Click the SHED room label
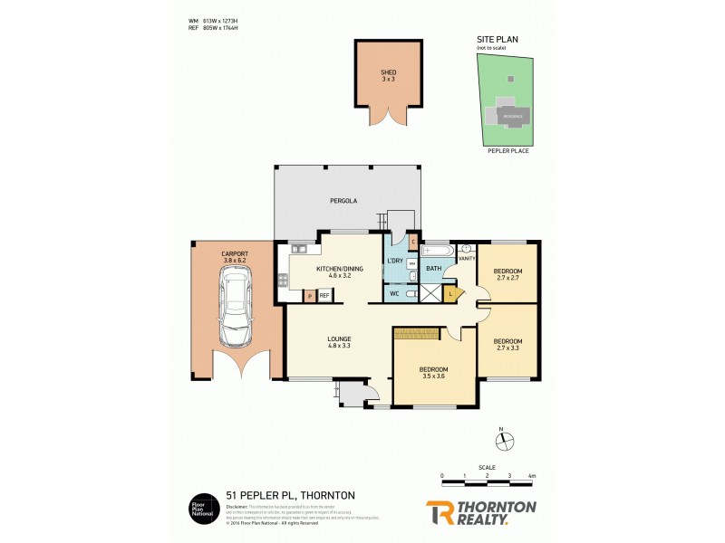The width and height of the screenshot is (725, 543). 388,75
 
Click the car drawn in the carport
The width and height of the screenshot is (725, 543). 235,312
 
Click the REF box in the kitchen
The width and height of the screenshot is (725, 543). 324,295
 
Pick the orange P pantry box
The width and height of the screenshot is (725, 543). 309,295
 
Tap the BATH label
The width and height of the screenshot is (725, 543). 433,268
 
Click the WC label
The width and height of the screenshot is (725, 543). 394,294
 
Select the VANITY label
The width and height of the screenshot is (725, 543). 467,259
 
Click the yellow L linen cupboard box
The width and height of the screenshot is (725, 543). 451,293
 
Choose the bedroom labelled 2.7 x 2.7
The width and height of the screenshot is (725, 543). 507,275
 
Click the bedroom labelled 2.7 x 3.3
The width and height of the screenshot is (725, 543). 507,345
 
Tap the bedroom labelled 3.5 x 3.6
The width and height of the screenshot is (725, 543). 433,373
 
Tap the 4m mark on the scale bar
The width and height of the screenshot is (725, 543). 532,475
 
